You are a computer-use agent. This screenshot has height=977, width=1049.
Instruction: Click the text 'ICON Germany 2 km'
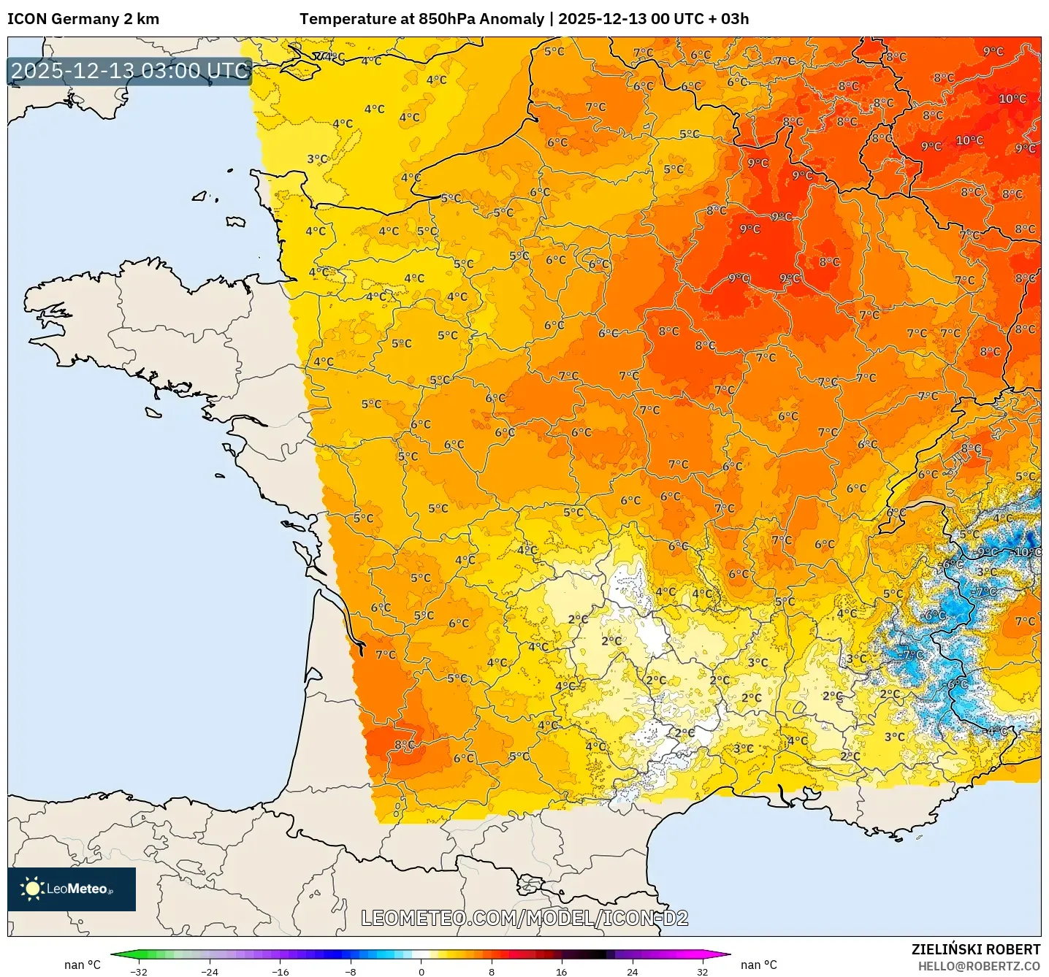pyautogui.click(x=83, y=19)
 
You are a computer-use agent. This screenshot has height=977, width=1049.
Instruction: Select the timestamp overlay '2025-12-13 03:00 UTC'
pyautogui.click(x=130, y=72)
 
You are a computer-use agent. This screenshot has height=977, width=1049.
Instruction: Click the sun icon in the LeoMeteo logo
pyautogui.click(x=32, y=889)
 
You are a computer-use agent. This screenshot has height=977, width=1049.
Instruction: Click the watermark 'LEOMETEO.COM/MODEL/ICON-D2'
pyautogui.click(x=524, y=918)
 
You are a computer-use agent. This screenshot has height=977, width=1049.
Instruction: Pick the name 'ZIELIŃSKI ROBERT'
pyautogui.click(x=975, y=949)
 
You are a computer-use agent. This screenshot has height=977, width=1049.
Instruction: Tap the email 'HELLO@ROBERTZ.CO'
pyautogui.click(x=979, y=966)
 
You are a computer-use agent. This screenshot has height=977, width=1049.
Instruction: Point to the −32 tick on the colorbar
pyautogui.click(x=139, y=971)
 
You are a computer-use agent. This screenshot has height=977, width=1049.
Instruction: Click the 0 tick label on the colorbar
pyautogui.click(x=421, y=971)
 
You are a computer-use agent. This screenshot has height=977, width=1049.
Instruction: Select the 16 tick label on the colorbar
pyautogui.click(x=561, y=971)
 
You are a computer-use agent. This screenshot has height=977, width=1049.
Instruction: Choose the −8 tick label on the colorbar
pyautogui.click(x=351, y=971)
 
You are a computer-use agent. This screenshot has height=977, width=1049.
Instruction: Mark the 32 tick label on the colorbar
pyautogui.click(x=702, y=971)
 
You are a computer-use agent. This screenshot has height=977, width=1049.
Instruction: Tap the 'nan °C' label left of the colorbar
pyautogui.click(x=83, y=965)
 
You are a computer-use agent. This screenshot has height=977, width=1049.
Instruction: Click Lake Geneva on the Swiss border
pyautogui.click(x=926, y=504)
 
